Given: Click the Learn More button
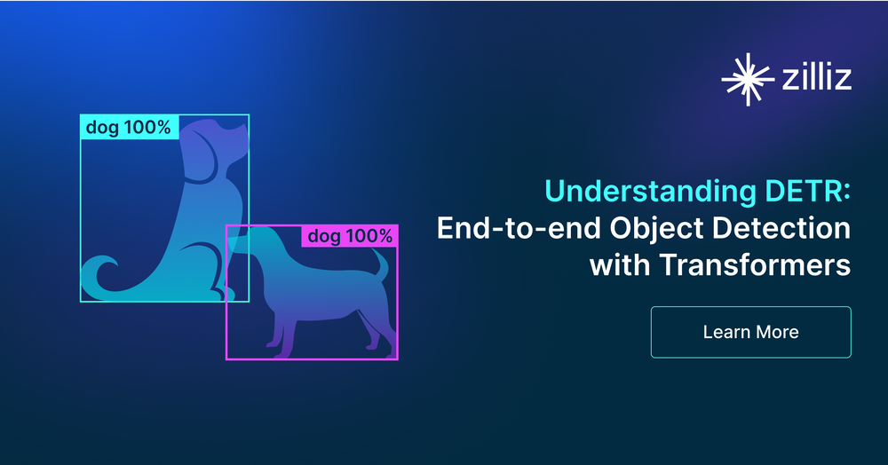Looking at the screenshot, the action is (x=751, y=332).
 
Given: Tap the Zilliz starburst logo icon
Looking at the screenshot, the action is (x=748, y=79).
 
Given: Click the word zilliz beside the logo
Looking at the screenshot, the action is (x=817, y=77).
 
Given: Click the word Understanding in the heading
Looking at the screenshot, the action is (x=650, y=192).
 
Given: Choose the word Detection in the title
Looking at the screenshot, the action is (x=781, y=228).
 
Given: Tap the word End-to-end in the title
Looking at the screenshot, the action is (x=519, y=228).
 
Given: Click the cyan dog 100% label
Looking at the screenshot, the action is (x=129, y=127).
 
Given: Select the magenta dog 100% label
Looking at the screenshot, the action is (x=349, y=236).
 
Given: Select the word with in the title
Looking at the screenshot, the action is (x=620, y=264).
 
